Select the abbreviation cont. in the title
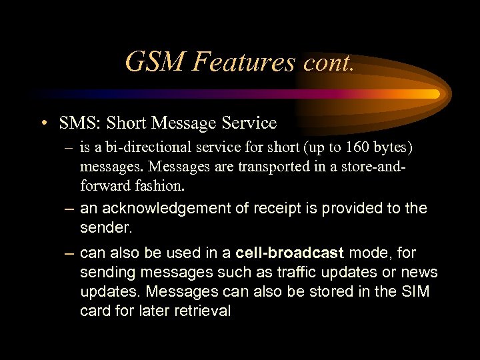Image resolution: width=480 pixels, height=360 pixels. (328, 63)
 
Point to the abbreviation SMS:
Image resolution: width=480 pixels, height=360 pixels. (79, 123)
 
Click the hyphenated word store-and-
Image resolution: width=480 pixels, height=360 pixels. (370, 165)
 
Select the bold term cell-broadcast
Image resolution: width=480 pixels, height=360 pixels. (291, 253)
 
